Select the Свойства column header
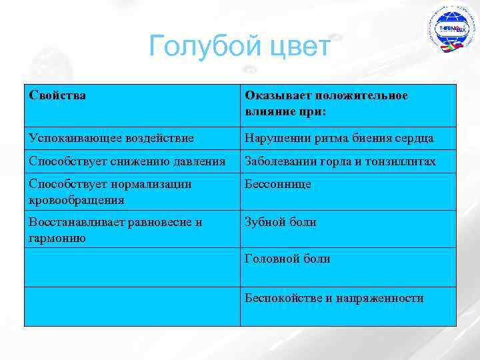57,95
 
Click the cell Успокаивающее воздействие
111,138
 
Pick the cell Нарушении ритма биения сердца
339,138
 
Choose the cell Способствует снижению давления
127,161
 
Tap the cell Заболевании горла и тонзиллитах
341,161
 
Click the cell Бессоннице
278,184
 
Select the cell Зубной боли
281,222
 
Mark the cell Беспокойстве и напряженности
334,298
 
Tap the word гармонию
57,237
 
